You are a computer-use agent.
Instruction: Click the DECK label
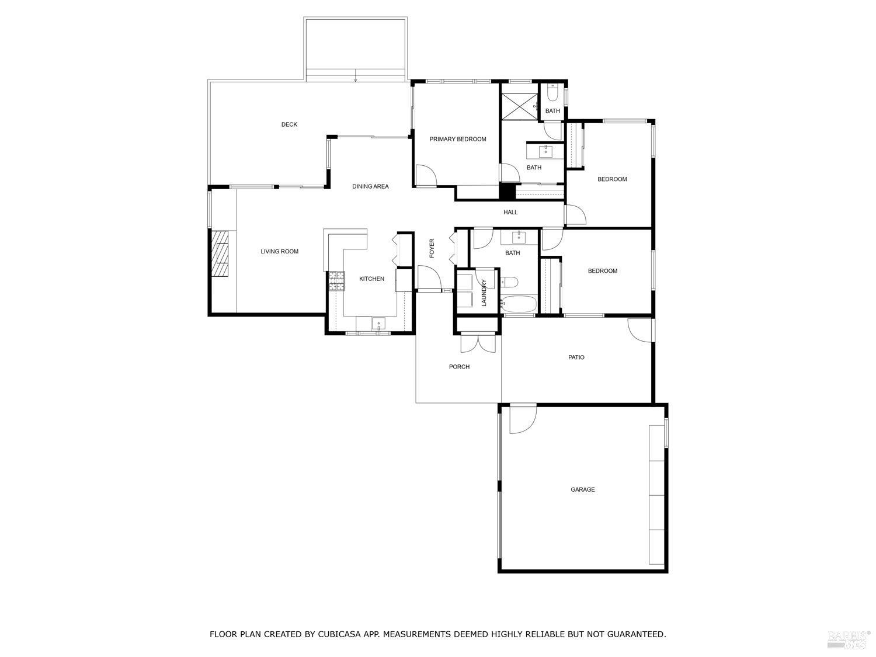coord(289,124)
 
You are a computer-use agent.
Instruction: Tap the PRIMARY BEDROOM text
coord(457,139)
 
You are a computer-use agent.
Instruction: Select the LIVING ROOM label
coord(279,252)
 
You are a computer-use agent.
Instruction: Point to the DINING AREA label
coord(370,187)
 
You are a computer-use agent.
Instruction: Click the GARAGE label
coord(582,489)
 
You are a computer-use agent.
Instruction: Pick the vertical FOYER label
coord(432,248)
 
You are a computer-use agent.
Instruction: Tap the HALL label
coord(510,213)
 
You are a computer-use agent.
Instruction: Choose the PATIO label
coord(576,357)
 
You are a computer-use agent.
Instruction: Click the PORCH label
coord(459,367)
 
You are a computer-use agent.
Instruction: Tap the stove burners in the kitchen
coord(336,281)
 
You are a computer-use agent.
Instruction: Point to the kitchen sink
coord(378,323)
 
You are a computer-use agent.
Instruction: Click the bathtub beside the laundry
coord(519,304)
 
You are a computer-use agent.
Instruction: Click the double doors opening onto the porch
coord(478,343)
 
